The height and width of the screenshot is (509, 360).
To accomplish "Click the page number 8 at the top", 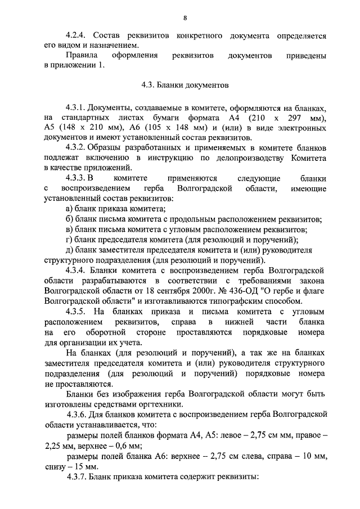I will click(185, 17).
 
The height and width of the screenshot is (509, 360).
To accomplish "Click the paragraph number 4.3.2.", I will click(77, 147).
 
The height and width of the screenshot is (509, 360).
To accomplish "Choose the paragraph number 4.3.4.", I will click(77, 271).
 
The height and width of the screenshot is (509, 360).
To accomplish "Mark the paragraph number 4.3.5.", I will click(77, 311).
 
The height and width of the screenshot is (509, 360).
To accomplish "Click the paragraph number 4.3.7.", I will click(77, 478).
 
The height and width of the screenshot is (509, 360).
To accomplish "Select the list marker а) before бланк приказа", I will click(70, 209).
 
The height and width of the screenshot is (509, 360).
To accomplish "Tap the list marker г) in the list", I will click(69, 239).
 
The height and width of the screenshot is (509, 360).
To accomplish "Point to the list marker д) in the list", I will click(70, 250).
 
